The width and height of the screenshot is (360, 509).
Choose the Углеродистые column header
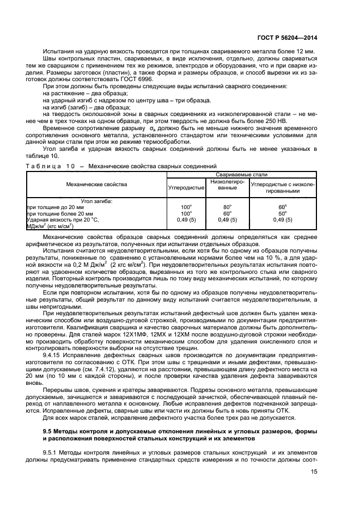click(x=186, y=188)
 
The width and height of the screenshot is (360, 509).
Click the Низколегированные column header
click(x=227, y=184)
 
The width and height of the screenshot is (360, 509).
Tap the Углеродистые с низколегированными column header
click(x=282, y=188)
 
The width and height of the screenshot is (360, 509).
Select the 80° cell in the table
click(x=227, y=207)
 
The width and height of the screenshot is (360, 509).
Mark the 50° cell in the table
click(x=282, y=213)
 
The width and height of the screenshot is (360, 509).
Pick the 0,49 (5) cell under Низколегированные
click(x=227, y=219)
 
